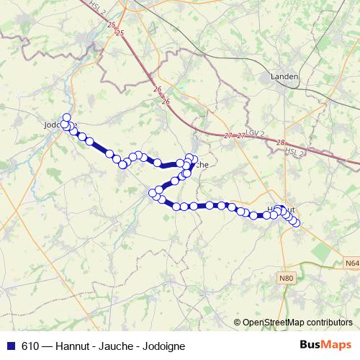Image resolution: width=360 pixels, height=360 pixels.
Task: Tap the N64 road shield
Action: click(351, 264)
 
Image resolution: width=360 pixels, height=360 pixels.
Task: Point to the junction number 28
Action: click(280, 142)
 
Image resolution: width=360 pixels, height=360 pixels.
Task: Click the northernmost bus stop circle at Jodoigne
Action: click(67, 117)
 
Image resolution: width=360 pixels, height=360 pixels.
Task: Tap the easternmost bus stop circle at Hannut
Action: click(295, 222)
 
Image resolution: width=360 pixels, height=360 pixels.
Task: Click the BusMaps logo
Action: click(326, 345)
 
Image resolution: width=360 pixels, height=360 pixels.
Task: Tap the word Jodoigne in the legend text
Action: click(158, 346)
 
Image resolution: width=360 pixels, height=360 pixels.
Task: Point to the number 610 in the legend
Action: click(30, 346)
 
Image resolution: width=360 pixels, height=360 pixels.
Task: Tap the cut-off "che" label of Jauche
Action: click(202, 165)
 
